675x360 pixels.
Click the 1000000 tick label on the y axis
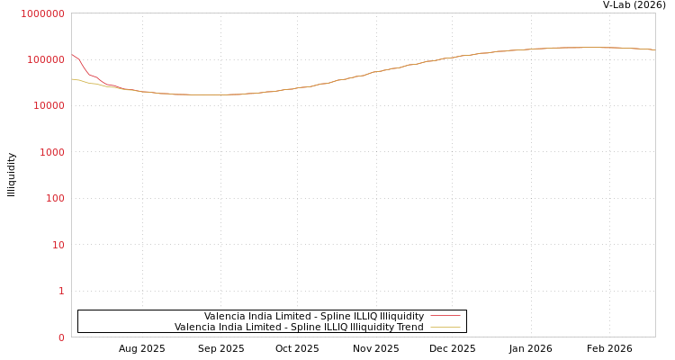click(42, 13)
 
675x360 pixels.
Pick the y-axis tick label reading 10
click(58, 245)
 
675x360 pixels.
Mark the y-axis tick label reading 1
click(61, 291)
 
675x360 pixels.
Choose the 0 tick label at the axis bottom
click(61, 337)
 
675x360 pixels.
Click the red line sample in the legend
click(445, 317)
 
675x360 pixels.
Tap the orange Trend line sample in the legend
click(445, 328)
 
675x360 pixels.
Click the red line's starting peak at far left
click(72, 55)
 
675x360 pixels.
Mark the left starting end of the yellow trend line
click(72, 79)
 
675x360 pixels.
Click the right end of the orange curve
click(654, 49)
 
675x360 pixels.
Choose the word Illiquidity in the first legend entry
click(397, 317)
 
